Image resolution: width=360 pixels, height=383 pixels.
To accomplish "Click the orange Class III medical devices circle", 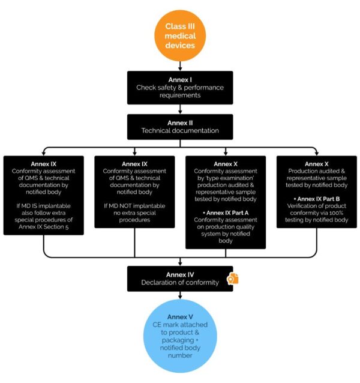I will (x=180, y=36).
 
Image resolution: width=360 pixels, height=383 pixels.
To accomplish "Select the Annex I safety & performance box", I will (x=180, y=87).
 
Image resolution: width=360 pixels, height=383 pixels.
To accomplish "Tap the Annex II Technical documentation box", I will (x=180, y=126).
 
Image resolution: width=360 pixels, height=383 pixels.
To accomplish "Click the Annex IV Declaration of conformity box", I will (x=180, y=279).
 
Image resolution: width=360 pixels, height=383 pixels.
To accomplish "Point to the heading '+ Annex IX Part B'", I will (x=316, y=198).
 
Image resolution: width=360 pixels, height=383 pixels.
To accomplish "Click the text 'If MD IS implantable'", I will (x=43, y=206).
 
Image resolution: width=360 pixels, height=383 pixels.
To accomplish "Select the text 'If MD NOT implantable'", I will (x=134, y=206).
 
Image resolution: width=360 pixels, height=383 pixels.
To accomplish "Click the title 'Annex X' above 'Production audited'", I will (x=316, y=164).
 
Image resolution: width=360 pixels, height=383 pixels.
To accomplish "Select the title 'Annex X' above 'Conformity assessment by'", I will (x=226, y=164).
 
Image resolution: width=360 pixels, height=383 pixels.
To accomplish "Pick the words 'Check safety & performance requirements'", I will (x=180, y=91).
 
